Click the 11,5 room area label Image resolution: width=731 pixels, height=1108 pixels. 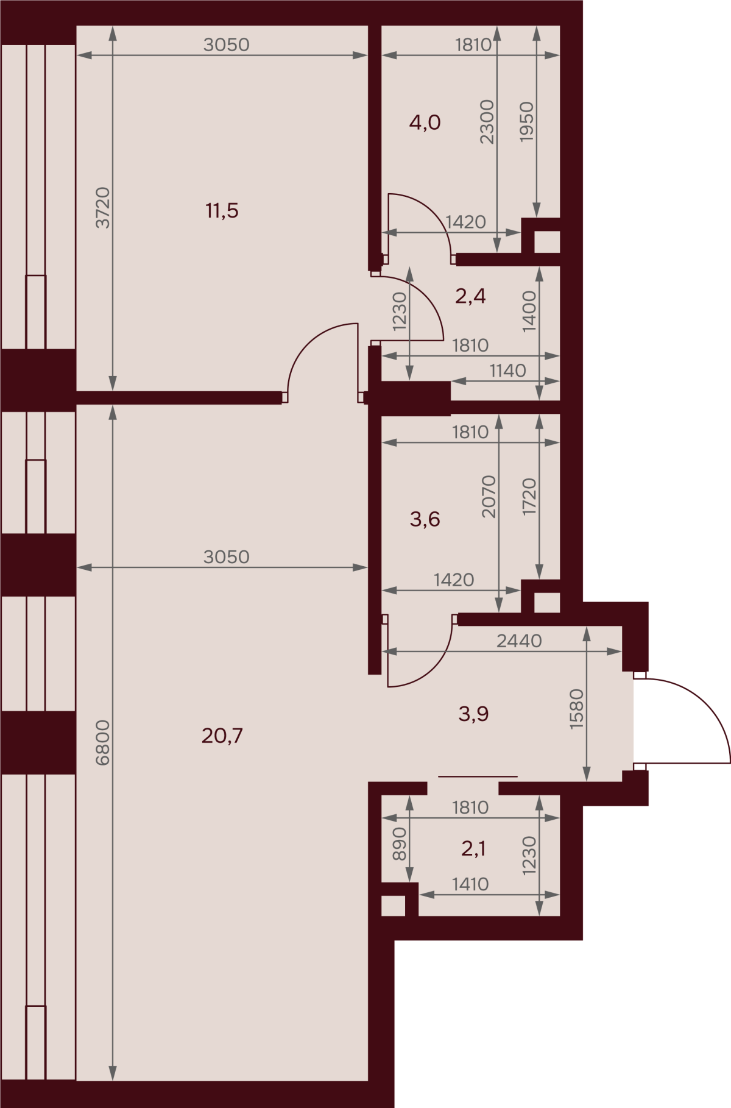click(x=222, y=211)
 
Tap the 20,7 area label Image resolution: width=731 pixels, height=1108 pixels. click(x=222, y=736)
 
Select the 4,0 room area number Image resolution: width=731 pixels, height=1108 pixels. click(x=425, y=123)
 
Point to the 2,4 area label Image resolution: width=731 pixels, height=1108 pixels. click(x=470, y=296)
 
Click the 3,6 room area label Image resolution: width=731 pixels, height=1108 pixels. click(x=425, y=519)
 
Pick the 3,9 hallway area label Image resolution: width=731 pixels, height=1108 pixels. click(x=473, y=714)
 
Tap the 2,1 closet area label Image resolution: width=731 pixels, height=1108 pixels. click(x=473, y=848)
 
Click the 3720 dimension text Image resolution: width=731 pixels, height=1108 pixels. click(x=103, y=208)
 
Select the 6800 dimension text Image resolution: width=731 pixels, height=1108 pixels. click(x=103, y=742)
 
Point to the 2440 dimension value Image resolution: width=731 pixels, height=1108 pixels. click(x=519, y=641)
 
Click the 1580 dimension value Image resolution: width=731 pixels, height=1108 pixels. click(x=576, y=709)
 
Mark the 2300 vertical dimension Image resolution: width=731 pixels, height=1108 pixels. click(x=487, y=122)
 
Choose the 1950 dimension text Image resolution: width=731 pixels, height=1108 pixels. click(x=526, y=122)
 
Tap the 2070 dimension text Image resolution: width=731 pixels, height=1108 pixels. click(x=489, y=497)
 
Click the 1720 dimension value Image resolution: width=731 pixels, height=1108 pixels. click(x=529, y=497)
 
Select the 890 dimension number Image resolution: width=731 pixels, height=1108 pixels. click(x=399, y=843)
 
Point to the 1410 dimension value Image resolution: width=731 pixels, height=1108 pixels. click(x=470, y=884)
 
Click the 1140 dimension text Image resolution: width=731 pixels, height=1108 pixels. click(x=507, y=370)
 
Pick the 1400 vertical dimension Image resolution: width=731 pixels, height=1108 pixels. click(x=529, y=311)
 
